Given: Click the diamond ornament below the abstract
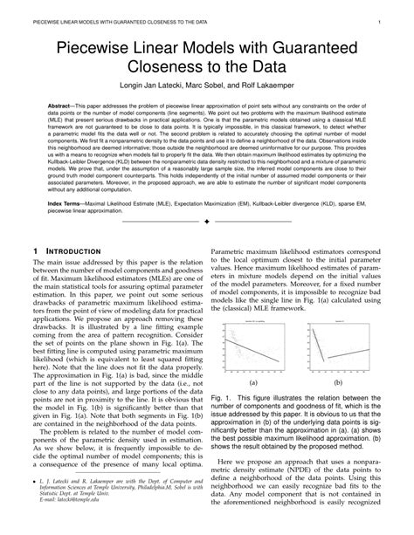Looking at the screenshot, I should [x=206, y=245].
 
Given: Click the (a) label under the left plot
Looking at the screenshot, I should [x=253, y=383].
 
